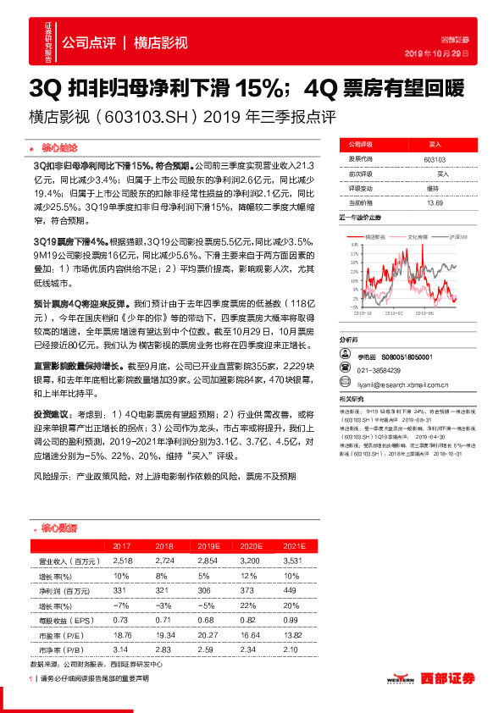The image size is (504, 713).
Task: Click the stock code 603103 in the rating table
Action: coord(435,159)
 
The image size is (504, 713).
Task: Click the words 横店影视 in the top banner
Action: coord(161,42)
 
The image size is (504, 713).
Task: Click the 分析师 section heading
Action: coord(349,339)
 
